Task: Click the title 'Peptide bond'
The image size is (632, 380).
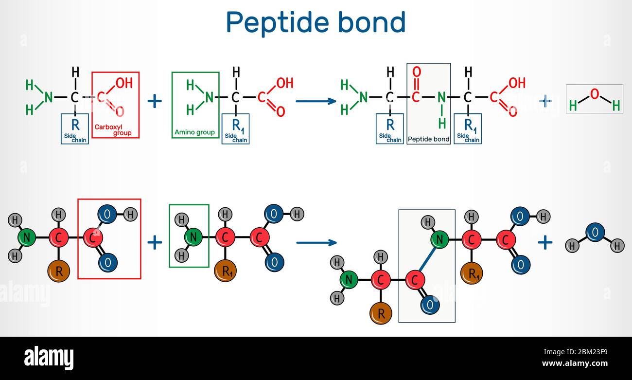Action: point(316,22)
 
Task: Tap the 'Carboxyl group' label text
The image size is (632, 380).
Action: point(113,130)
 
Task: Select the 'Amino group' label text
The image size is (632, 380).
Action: point(194,132)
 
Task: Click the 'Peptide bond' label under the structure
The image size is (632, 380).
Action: point(428,139)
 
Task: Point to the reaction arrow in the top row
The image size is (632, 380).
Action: point(316,101)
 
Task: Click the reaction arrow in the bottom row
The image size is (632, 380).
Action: point(316,242)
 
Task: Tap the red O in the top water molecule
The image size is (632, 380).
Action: point(594,93)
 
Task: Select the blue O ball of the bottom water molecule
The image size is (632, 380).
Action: point(595,232)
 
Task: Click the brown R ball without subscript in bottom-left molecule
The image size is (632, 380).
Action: point(59,271)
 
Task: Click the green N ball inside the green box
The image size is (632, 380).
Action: point(193,237)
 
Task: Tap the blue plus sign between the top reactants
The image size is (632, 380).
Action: point(155,101)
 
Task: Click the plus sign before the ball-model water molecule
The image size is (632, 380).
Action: point(545,242)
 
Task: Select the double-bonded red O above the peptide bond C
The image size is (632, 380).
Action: point(416,72)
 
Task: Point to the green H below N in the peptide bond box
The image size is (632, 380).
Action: point(441,124)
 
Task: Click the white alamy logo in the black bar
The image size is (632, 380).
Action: point(49,358)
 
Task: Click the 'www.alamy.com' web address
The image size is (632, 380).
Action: point(575,363)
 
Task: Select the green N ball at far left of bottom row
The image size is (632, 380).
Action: point(27,237)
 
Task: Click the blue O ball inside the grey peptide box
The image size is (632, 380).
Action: point(430,305)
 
